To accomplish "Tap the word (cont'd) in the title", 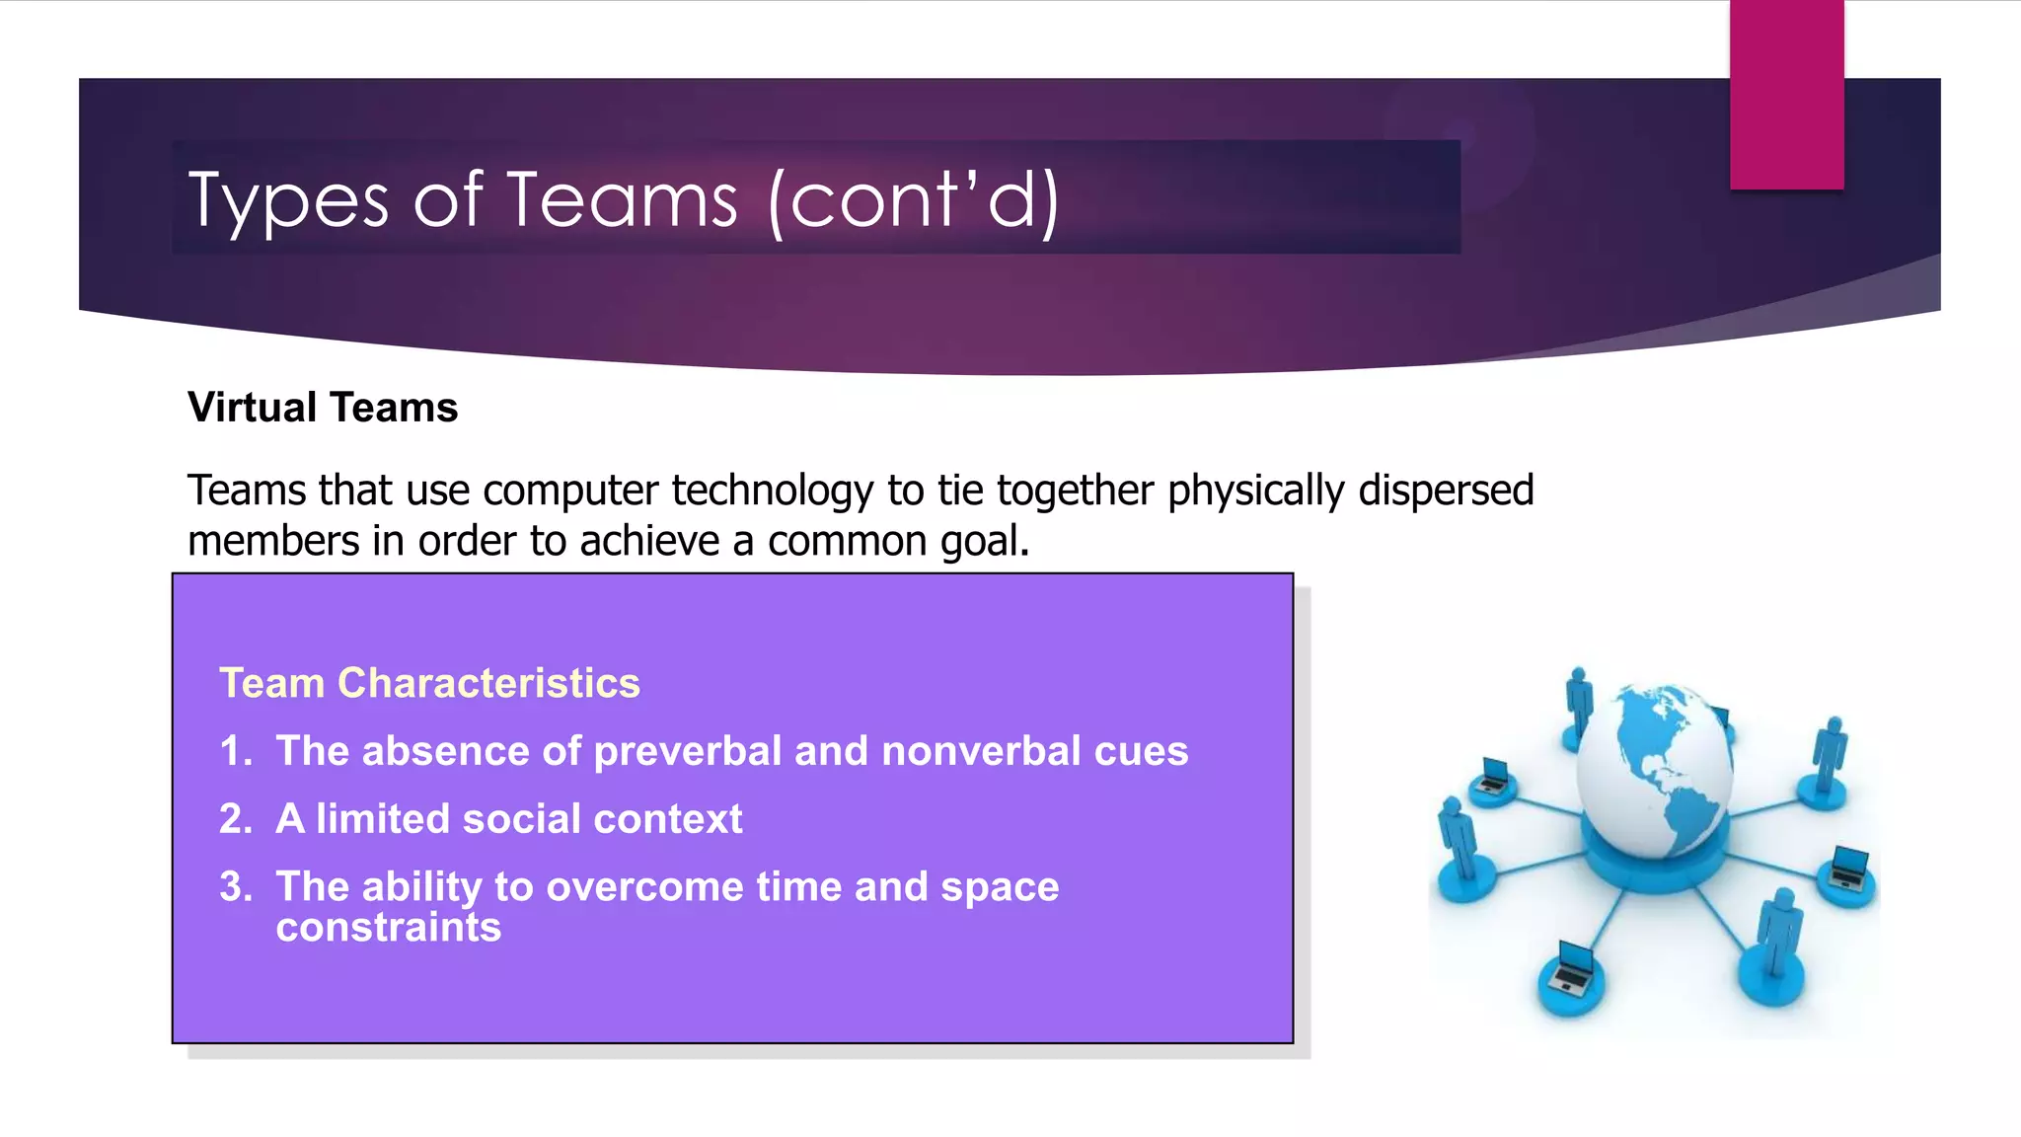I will point(914,201).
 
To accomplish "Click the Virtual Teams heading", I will point(323,408).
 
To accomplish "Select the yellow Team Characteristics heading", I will point(429,683).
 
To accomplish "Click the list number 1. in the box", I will point(236,751).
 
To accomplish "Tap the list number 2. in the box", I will point(236,819).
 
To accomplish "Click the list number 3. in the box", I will point(236,886).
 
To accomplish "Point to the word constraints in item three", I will point(389,928).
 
